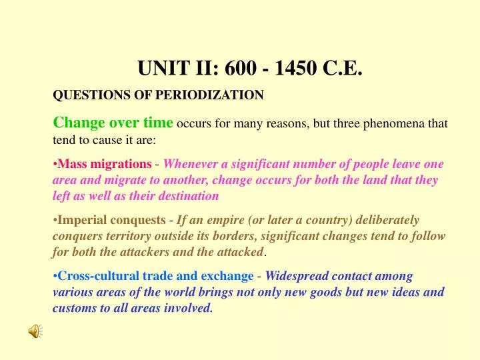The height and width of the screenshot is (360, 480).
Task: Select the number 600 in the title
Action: tap(241, 68)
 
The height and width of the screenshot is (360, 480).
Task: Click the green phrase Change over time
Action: tap(113, 123)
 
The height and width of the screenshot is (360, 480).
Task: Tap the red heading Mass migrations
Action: tap(104, 164)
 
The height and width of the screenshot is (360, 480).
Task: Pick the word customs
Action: tap(75, 308)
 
